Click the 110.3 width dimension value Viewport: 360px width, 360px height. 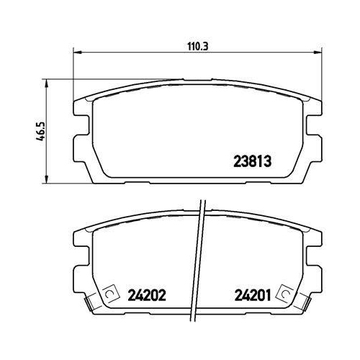pos(198,47)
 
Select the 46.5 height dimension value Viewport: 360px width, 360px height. pos(41,131)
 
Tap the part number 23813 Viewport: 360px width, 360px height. pos(253,161)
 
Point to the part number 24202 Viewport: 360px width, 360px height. pos(147,295)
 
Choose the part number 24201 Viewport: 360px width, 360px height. pos(253,295)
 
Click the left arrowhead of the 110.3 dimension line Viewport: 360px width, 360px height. pos(77,52)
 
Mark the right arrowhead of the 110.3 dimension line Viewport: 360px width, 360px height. pos(317,52)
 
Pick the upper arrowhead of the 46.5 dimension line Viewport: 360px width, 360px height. pos(47,84)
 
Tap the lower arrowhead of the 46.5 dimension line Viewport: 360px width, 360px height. pos(47,179)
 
